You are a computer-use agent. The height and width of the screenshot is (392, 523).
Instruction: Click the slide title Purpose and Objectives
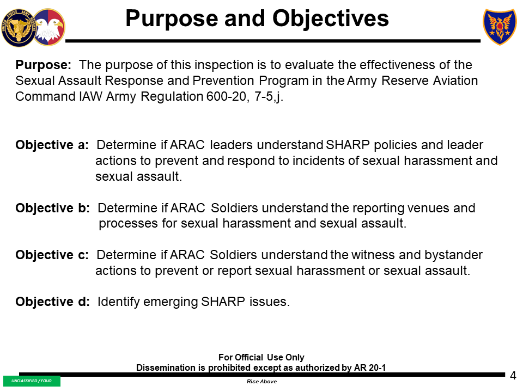(257, 19)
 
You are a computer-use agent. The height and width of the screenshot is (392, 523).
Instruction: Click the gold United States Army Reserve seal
(17, 28)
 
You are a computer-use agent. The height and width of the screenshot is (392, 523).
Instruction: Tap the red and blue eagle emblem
(49, 27)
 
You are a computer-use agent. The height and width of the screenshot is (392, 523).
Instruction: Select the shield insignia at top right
(500, 27)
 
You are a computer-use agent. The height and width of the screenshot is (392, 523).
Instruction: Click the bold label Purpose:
(43, 65)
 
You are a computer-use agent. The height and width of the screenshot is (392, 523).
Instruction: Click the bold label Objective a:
(52, 146)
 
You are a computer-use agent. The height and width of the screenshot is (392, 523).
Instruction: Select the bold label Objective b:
(52, 209)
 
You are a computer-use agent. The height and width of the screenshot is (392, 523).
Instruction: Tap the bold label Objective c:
(52, 255)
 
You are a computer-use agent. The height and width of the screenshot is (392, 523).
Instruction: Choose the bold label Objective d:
(52, 302)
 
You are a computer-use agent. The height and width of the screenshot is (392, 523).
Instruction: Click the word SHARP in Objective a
(346, 146)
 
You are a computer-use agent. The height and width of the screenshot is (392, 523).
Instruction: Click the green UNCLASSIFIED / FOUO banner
(32, 381)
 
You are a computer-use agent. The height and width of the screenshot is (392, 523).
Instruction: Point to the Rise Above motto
(261, 382)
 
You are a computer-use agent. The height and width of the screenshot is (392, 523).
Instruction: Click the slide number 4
(513, 376)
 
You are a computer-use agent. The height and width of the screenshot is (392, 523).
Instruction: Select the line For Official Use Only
(261, 358)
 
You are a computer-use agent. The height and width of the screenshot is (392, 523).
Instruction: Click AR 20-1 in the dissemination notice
(370, 368)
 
